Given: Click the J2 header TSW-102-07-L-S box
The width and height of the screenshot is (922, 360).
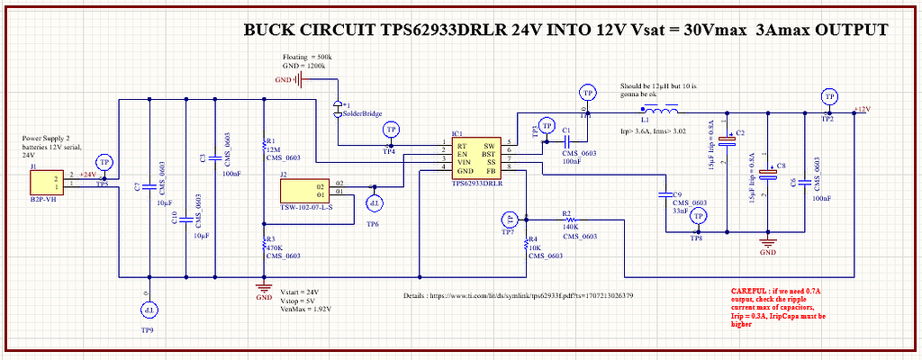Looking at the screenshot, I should (306, 191).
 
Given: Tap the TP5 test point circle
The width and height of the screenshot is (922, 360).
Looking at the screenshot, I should (104, 162).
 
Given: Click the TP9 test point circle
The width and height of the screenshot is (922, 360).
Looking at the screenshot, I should (148, 310).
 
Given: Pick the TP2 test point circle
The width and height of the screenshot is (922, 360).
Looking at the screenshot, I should (827, 95).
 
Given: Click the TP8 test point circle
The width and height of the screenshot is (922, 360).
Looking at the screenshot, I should (697, 216).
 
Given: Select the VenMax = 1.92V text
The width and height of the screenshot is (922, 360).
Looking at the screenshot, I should (305, 310).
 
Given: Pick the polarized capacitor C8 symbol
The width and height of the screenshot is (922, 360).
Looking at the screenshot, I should (767, 175).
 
